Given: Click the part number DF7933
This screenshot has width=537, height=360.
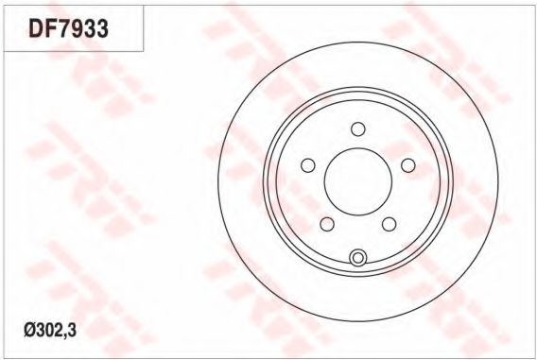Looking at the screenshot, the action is pos(68,27).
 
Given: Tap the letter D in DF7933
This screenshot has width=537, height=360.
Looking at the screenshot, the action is pos(36,27).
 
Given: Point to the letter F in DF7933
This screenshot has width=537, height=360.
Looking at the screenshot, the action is pos(51,27).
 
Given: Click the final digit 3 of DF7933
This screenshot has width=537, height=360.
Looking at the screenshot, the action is pos(102,27).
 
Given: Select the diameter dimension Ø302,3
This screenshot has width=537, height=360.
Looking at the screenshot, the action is pos(50,331).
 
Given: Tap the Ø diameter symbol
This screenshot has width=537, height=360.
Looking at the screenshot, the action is pos(29,331).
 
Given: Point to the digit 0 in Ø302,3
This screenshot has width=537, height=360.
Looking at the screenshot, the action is pos(49,331).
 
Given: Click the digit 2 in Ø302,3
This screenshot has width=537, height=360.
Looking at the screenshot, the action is pos(59,331).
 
